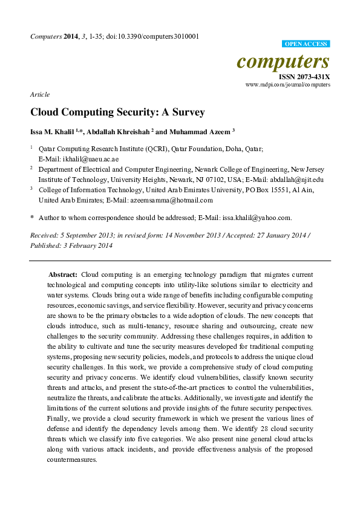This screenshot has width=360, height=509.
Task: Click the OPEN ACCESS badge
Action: pos(306,44)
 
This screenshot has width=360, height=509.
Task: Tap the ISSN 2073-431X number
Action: pos(304,77)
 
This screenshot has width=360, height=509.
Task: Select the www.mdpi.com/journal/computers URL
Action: pos(288,85)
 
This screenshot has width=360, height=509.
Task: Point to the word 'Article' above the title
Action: pos(39,94)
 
